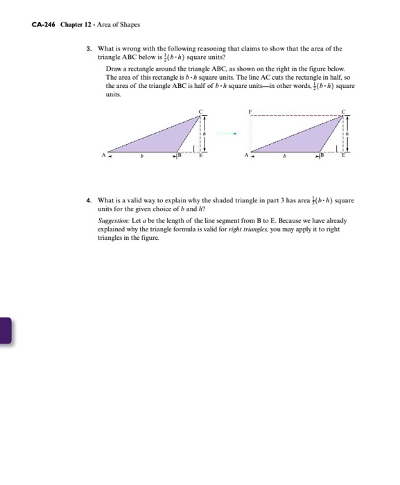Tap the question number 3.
tap(89, 48)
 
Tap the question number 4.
tap(89, 200)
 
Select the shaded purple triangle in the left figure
tap(166, 139)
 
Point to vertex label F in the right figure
tap(250, 111)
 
